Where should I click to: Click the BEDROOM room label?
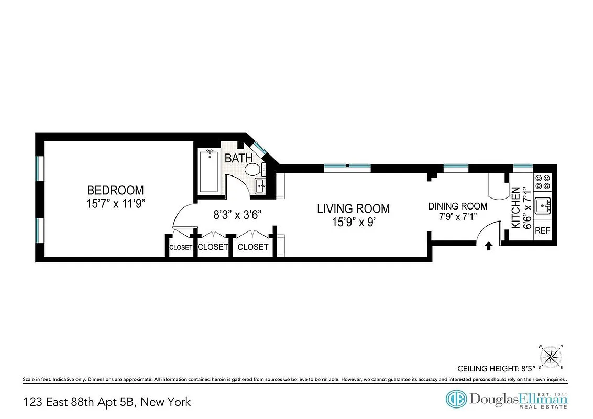115,190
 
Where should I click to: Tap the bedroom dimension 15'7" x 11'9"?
115,203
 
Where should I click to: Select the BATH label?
238,158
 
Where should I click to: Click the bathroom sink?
260,185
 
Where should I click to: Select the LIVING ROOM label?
353,208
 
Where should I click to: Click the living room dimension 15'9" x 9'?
353,222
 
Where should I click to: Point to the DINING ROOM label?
458,206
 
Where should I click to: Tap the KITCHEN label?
515,207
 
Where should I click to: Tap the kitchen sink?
543,206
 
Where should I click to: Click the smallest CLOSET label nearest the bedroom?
181,247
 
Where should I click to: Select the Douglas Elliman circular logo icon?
456,399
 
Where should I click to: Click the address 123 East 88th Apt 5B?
107,402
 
